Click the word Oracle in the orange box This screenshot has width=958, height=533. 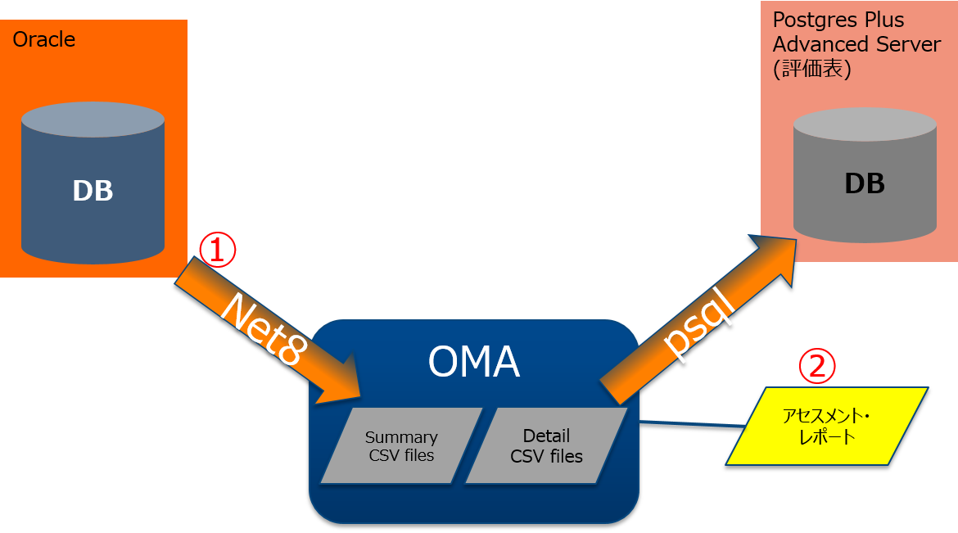point(44,39)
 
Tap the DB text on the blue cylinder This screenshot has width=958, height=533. point(93,191)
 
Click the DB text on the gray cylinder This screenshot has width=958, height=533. point(865,183)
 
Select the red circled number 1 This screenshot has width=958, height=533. point(218,250)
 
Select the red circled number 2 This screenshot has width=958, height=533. point(816,366)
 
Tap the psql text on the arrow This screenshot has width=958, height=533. point(695,323)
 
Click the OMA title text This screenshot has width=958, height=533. point(473,362)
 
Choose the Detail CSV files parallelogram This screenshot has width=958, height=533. point(546,445)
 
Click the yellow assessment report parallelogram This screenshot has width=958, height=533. point(827,427)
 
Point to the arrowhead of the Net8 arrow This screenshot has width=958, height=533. point(344,377)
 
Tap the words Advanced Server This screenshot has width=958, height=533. point(856,43)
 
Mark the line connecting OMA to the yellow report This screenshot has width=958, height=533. point(692,425)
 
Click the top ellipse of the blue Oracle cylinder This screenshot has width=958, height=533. point(93,120)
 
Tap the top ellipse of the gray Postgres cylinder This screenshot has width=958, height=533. point(865,124)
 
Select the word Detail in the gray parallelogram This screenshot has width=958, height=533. point(546,436)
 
